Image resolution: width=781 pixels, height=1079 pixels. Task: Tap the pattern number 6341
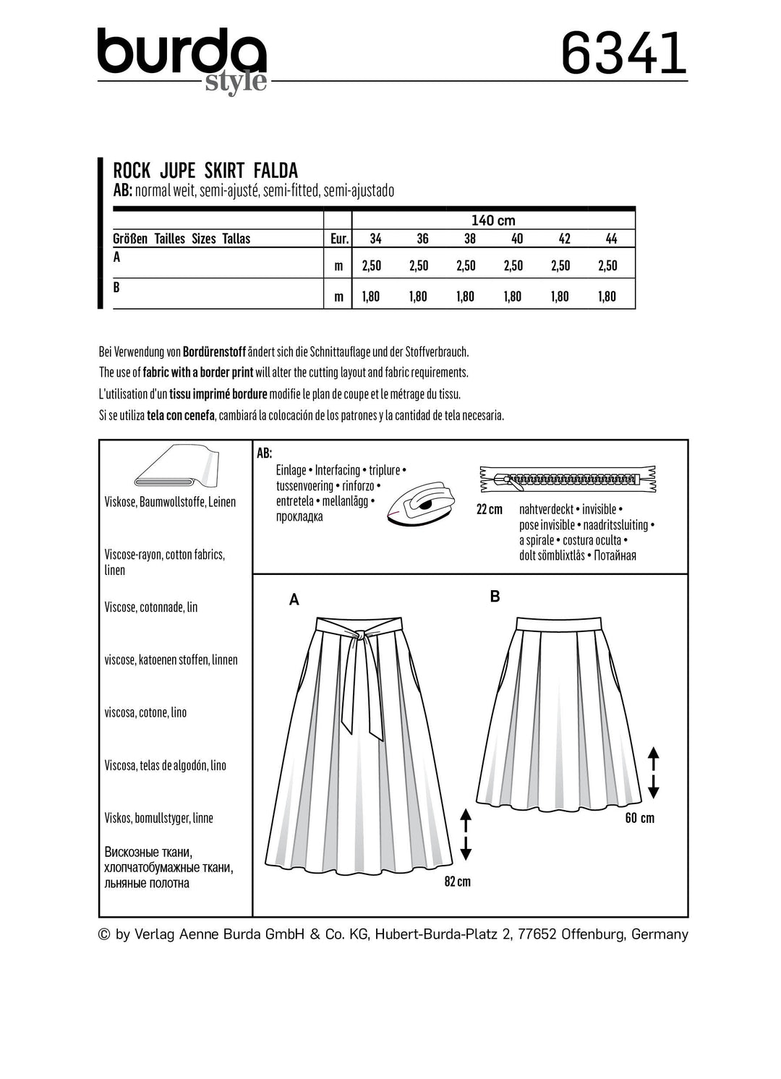click(x=623, y=54)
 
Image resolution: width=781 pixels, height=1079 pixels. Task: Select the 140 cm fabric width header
click(x=493, y=220)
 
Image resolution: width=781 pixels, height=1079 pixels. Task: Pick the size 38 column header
click(x=469, y=239)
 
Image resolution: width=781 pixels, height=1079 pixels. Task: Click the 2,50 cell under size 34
click(x=371, y=265)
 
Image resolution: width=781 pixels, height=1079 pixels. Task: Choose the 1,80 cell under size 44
click(x=607, y=296)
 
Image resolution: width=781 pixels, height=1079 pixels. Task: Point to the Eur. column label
click(x=339, y=239)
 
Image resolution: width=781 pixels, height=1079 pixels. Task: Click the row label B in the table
click(x=116, y=287)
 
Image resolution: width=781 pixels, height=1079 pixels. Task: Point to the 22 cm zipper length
click(x=489, y=509)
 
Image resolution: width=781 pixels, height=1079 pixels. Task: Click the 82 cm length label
click(x=457, y=882)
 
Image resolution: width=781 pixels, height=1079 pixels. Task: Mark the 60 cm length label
click(x=639, y=818)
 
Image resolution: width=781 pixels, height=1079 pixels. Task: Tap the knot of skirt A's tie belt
click(x=357, y=634)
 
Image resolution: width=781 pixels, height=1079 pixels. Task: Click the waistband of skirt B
click(x=558, y=622)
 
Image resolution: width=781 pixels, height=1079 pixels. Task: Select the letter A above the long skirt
click(x=294, y=600)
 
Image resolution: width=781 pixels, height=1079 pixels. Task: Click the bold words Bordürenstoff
click(x=214, y=352)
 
